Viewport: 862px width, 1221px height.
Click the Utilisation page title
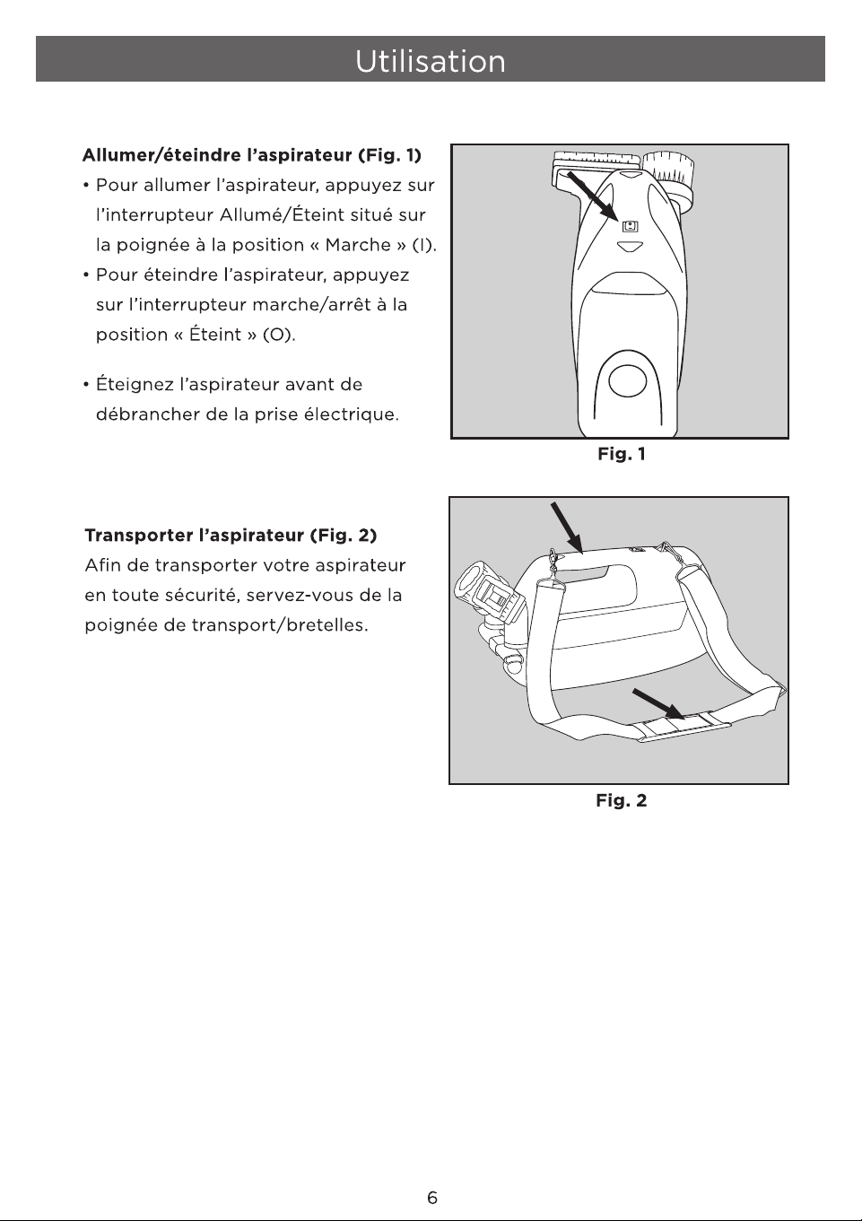click(x=431, y=60)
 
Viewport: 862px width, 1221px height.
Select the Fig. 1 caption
click(x=622, y=454)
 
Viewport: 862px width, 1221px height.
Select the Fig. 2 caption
click(x=622, y=800)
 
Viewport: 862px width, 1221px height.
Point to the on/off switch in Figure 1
click(x=630, y=226)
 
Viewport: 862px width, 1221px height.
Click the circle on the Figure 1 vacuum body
click(x=627, y=381)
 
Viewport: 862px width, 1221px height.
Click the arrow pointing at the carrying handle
click(x=567, y=528)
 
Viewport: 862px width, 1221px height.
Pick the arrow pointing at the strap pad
click(x=658, y=704)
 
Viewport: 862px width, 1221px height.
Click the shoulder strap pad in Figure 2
click(x=683, y=728)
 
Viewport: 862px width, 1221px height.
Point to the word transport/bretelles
click(x=280, y=624)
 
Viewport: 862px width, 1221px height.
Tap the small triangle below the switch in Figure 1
click(x=630, y=247)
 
